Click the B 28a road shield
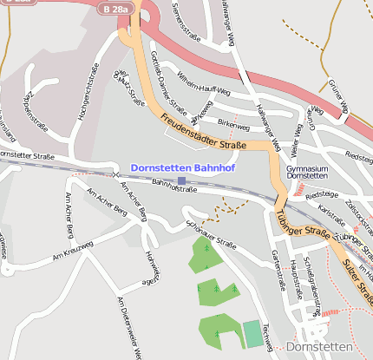click(113, 8)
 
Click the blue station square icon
click(180, 180)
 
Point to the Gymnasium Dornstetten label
click(307, 171)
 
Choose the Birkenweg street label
click(232, 125)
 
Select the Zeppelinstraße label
click(29, 108)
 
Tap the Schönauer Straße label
click(209, 233)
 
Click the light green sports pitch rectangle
click(252, 334)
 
